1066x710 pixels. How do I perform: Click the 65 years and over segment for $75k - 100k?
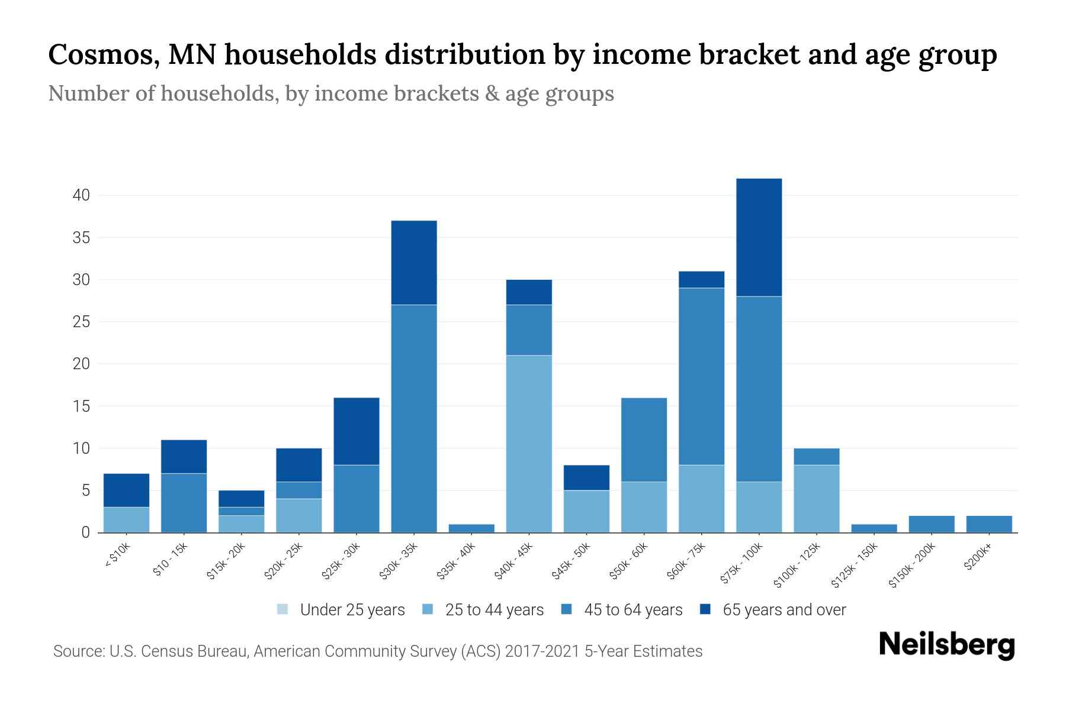coord(759,237)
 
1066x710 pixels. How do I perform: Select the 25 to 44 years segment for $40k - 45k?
coord(529,444)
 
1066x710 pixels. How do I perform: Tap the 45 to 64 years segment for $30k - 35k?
coord(414,418)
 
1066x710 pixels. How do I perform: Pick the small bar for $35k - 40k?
coord(471,528)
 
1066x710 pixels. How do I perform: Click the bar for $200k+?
coord(989,524)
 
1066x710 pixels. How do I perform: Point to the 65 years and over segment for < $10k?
coord(126,490)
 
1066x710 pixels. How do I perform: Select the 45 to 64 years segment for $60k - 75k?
coord(701,376)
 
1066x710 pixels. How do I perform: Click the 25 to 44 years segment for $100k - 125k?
coord(816,499)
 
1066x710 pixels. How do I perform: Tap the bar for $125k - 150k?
coord(874,528)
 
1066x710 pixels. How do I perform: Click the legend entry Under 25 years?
coord(352,610)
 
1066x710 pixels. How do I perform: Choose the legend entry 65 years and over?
coord(784,610)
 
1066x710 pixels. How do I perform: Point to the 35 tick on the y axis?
coord(81,238)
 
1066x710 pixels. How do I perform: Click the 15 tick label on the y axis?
coord(81,406)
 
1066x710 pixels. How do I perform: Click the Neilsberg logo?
coord(946,645)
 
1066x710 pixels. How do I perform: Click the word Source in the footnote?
coord(77,651)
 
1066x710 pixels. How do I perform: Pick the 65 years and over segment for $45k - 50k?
coord(586,477)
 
